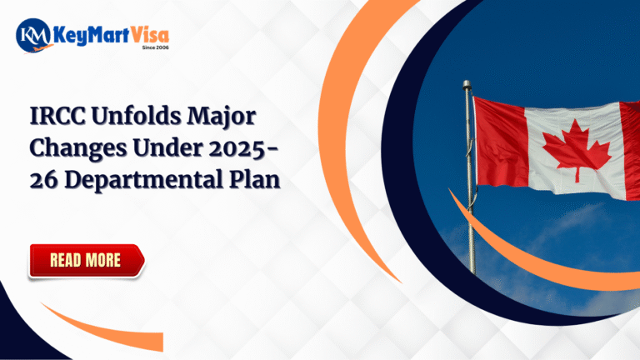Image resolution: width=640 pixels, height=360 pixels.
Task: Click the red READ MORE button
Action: tap(87, 261)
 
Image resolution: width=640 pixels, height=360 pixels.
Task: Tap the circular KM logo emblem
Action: tap(33, 35)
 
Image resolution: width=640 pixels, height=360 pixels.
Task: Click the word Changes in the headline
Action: tap(78, 148)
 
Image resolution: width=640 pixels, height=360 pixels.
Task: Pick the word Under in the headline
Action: tap(167, 147)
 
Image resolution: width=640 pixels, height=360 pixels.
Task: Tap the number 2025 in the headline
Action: tap(237, 148)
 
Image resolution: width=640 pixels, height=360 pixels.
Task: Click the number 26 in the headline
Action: tap(43, 180)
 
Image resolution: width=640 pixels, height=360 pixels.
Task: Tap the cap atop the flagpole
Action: tap(467, 85)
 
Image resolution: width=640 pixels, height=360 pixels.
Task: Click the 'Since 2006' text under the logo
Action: tap(155, 47)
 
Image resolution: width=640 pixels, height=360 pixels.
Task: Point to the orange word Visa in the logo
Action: tap(150, 35)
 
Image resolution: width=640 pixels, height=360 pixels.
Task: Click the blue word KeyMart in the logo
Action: tap(92, 36)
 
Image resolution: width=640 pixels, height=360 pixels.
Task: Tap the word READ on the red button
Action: tap(65, 260)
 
